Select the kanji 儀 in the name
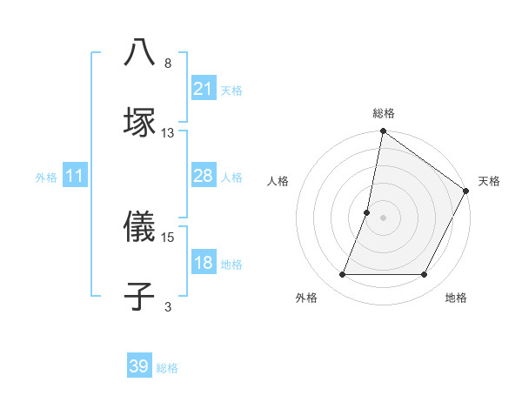click(140, 227)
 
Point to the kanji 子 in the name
click(140, 296)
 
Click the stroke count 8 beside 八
click(168, 64)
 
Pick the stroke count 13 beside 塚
click(168, 132)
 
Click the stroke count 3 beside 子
click(168, 306)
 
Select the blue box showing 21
click(203, 89)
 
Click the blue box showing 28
click(203, 176)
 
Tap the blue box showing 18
click(203, 263)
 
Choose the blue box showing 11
click(75, 176)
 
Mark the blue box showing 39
click(139, 366)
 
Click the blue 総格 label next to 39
click(167, 368)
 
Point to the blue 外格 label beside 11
click(46, 178)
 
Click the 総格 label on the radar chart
click(383, 114)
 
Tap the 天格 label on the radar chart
click(489, 182)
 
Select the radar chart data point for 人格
click(367, 212)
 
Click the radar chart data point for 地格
click(425, 275)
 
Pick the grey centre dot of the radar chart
click(383, 218)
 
